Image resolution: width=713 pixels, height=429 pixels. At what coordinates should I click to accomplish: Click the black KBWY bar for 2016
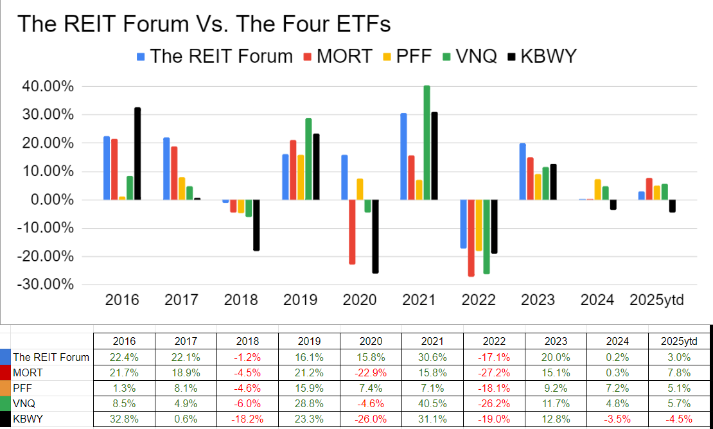[137, 153]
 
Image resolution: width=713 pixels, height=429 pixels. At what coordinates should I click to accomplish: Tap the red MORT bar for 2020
[352, 232]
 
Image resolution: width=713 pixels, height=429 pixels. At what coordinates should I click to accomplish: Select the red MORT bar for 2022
[471, 238]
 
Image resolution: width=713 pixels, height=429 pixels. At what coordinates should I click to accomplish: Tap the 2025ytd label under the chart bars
[656, 300]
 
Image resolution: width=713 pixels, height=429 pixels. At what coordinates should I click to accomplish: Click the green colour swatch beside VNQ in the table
[6, 404]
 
